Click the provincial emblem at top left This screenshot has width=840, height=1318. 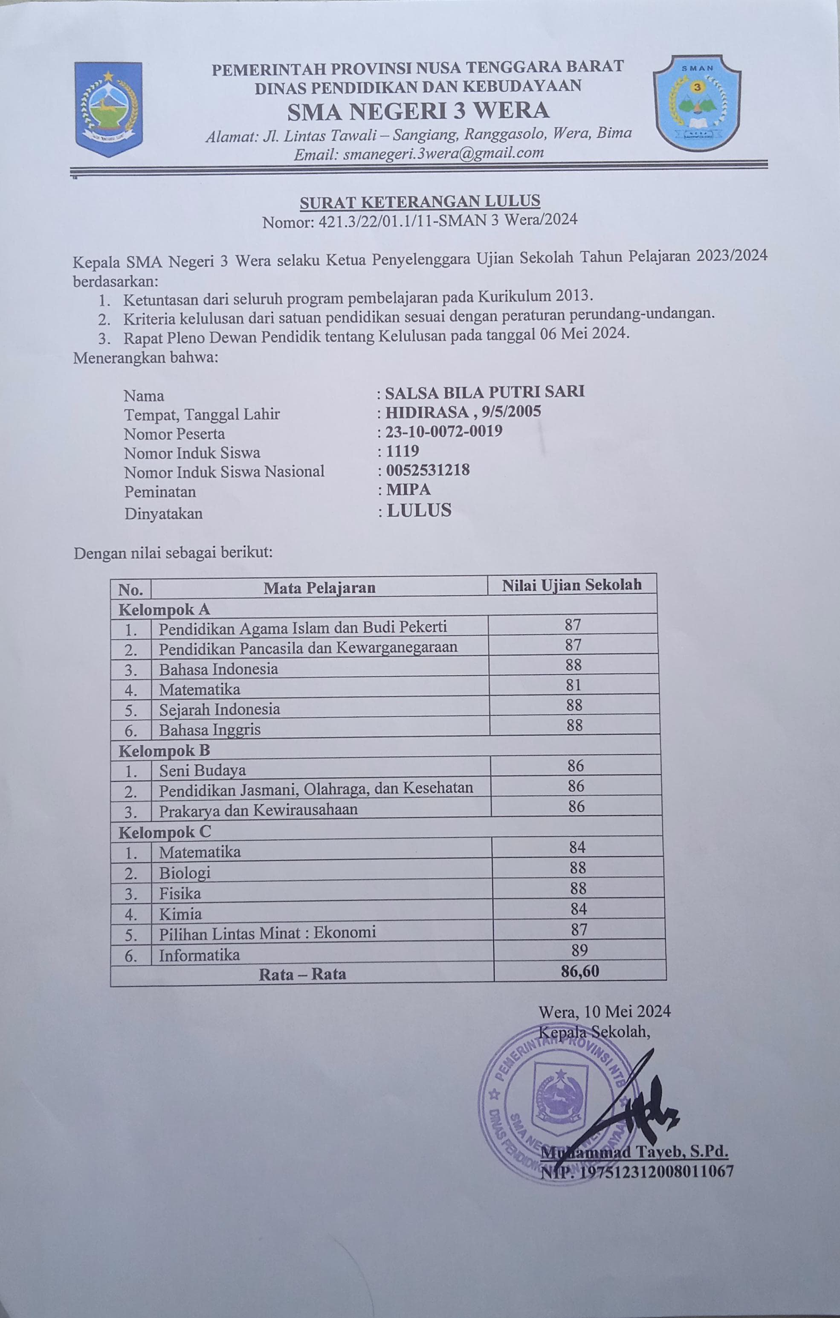108,109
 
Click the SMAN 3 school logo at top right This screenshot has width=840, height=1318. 697,102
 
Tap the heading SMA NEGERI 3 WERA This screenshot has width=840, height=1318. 418,111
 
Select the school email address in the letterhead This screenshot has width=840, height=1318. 419,153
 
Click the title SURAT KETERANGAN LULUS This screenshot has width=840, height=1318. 420,201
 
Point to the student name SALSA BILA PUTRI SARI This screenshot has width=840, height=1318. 484,392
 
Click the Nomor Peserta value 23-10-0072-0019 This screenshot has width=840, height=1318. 443,431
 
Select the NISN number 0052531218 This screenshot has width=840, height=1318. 427,470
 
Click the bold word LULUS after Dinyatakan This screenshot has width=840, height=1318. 419,510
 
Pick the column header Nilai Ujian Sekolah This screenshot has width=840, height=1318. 572,584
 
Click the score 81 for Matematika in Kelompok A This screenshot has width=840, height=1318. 574,685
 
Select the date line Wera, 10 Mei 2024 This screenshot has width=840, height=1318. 605,1011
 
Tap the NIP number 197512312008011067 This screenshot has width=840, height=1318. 637,1171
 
